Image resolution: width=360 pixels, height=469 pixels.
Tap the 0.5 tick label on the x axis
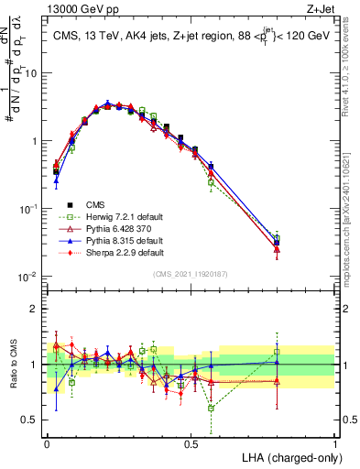pyautogui.click(x=191, y=442)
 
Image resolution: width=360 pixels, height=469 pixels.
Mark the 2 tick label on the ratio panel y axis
pyautogui.click(x=35, y=309)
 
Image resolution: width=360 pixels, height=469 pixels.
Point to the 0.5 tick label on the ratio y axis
pyautogui.click(x=30, y=421)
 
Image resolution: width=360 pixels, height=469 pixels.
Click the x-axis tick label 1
pyautogui.click(x=335, y=442)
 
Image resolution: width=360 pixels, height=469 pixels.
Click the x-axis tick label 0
pyautogui.click(x=47, y=442)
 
